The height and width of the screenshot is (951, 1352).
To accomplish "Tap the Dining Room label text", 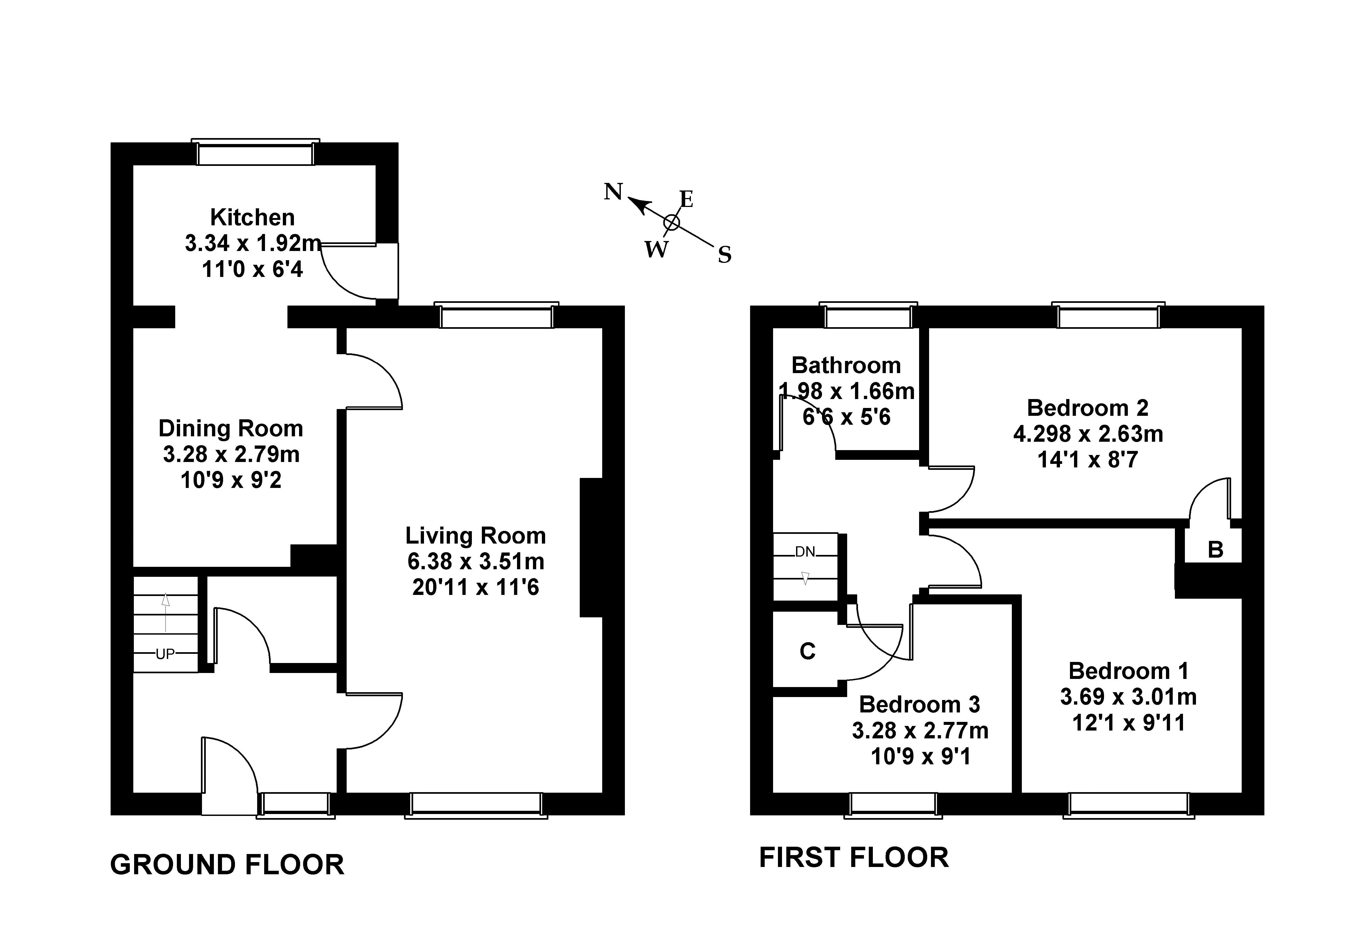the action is pos(231,428).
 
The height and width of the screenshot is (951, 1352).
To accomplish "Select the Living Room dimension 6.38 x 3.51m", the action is pos(476,561).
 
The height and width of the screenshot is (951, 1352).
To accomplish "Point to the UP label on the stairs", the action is pos(165,654).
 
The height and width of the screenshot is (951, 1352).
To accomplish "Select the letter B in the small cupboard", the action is pos(1215,550).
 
